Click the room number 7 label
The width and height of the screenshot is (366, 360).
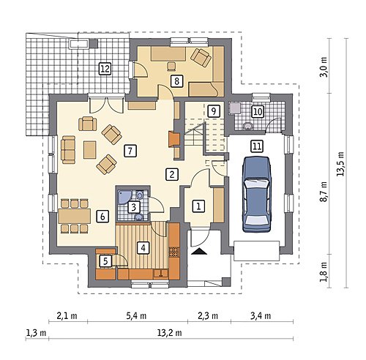tap(130, 151)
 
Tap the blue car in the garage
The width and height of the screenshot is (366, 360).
tap(257, 194)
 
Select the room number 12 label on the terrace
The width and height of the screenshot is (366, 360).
tap(105, 69)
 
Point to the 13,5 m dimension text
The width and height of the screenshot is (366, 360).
tap(340, 164)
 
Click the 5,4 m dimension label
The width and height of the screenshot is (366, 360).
tap(136, 316)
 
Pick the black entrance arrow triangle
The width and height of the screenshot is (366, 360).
tap(199, 252)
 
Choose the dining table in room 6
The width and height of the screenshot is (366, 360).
tap(75, 216)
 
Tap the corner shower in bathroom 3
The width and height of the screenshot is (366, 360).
tap(124, 196)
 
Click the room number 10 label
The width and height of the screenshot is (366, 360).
tap(258, 112)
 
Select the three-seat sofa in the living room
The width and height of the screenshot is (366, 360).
tap(68, 150)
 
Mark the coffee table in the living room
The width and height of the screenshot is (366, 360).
tap(90, 150)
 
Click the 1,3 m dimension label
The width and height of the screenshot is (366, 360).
tap(36, 333)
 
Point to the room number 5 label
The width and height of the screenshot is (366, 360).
tap(105, 261)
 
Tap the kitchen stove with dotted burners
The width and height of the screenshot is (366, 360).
tap(174, 252)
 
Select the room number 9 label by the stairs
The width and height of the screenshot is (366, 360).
tap(214, 111)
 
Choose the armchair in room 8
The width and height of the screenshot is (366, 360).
tap(201, 57)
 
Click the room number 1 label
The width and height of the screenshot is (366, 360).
tap(199, 206)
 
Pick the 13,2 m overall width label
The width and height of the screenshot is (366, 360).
tap(171, 333)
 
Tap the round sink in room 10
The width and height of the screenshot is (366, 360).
tap(248, 126)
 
